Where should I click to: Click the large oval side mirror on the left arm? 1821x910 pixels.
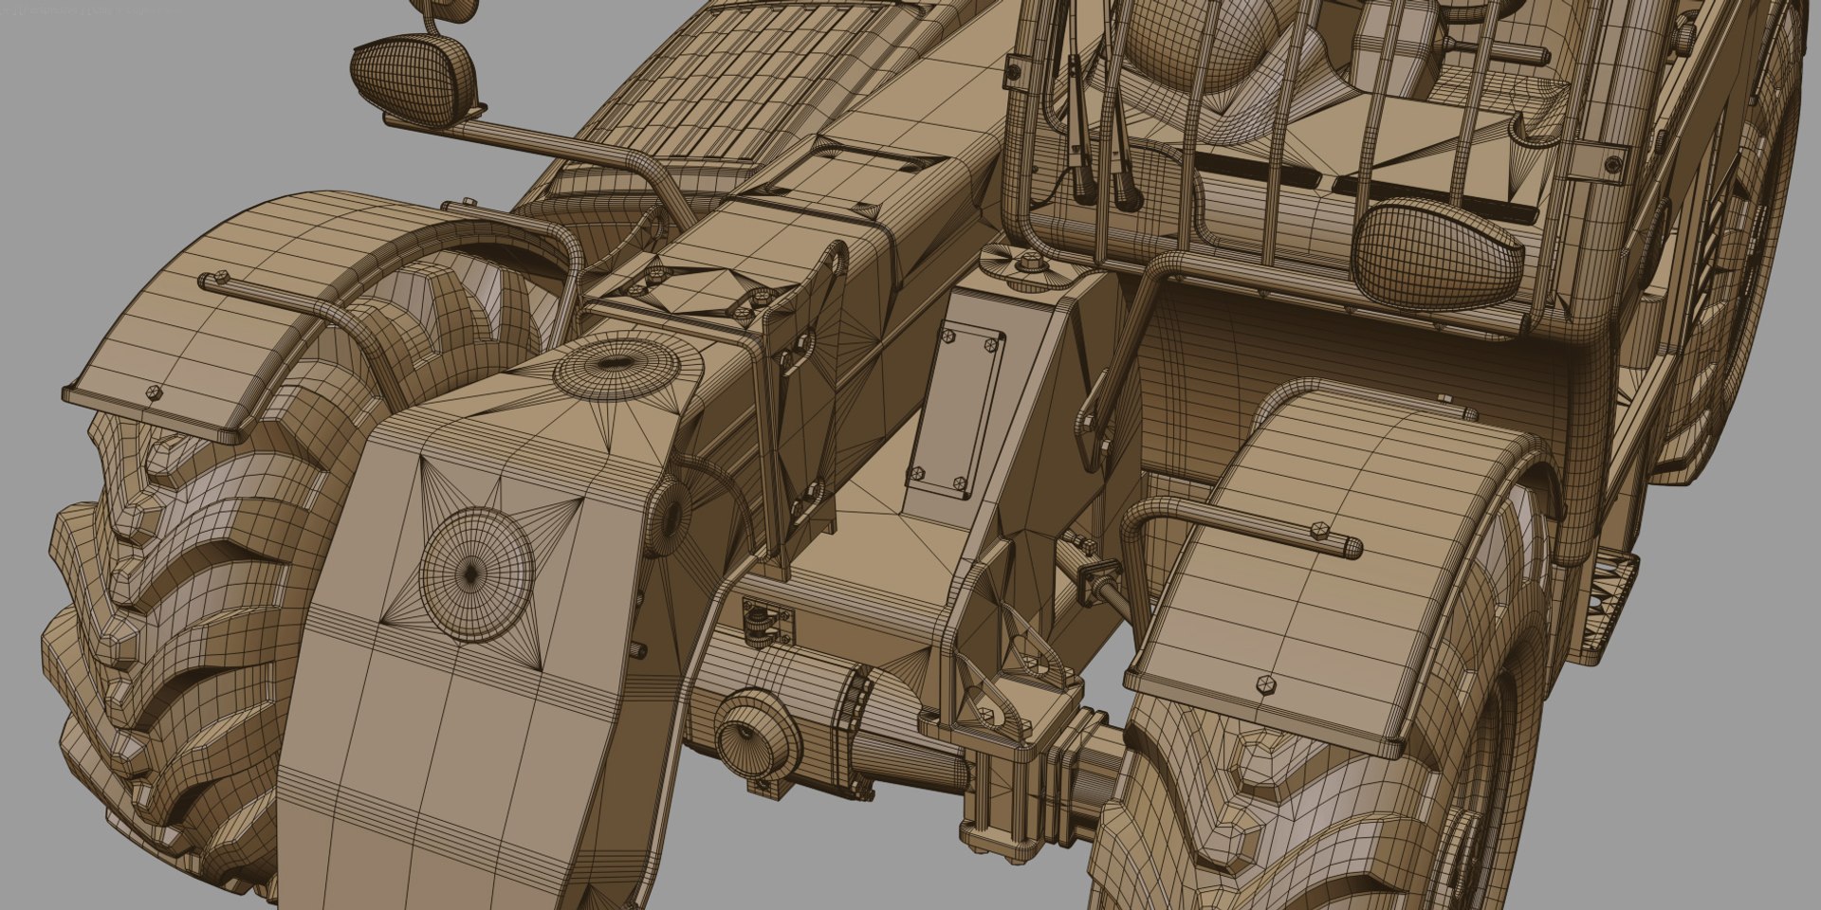click(x=414, y=72)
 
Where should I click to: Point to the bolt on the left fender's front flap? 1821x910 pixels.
click(x=155, y=391)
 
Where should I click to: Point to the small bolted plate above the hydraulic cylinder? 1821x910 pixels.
click(x=766, y=621)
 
